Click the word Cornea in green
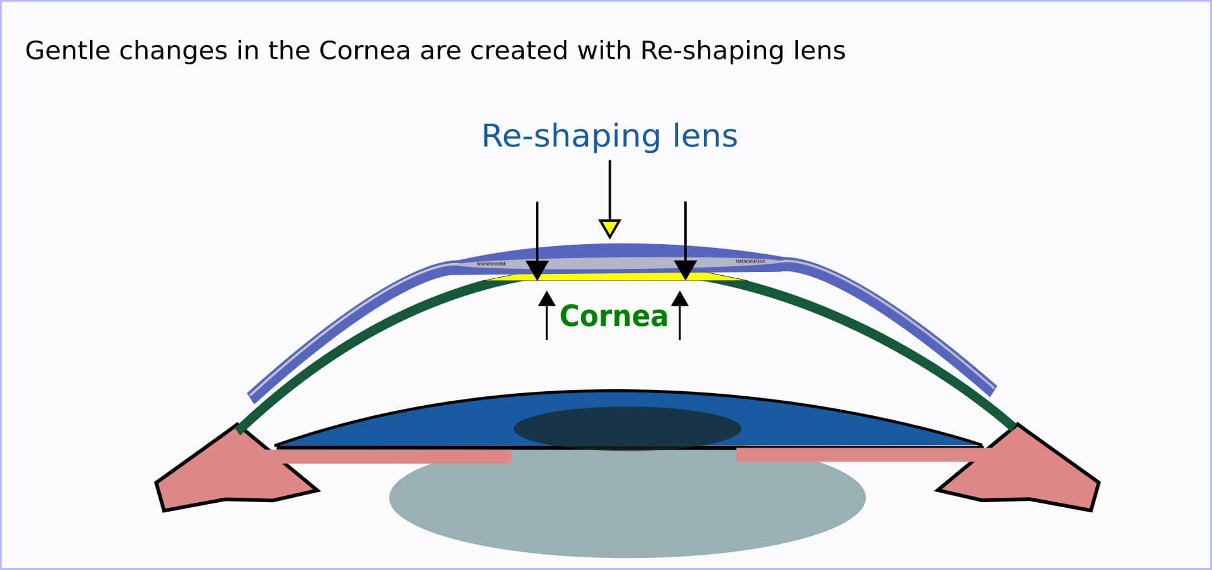point(613,316)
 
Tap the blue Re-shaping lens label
point(609,136)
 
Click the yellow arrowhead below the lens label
point(609,228)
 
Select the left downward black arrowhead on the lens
point(537,269)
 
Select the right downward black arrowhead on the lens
point(685,269)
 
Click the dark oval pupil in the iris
point(627,428)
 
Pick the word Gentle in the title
point(62,51)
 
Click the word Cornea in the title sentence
point(365,51)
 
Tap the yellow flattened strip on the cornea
point(612,277)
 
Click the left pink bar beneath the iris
point(393,456)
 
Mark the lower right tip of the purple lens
point(992,390)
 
